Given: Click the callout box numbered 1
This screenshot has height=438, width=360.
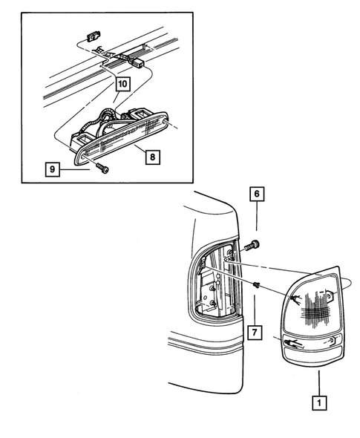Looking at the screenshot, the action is [x=319, y=403].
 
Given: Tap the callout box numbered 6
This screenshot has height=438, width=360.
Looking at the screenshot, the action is [x=257, y=194].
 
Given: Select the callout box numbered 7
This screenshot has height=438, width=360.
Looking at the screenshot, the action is [x=255, y=332].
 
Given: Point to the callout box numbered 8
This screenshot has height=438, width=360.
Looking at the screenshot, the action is [x=152, y=157].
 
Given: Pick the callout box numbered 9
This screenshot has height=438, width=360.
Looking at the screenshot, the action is [x=53, y=169].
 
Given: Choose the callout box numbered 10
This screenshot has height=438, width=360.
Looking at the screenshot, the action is [x=123, y=84].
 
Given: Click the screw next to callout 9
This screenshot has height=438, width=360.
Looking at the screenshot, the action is [x=102, y=169].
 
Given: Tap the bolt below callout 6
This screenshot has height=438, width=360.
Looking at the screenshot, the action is [x=252, y=246].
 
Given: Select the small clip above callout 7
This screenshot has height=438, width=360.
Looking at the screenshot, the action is [x=255, y=285].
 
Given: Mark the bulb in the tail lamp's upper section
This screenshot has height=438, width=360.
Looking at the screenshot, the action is [x=295, y=299].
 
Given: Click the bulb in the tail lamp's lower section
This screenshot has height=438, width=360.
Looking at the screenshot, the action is [x=292, y=343].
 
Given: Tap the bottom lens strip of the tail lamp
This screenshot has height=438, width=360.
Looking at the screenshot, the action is [x=312, y=354].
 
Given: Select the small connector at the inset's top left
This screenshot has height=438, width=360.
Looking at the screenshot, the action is [x=94, y=36].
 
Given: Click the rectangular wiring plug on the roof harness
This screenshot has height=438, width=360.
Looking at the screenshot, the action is [x=137, y=63].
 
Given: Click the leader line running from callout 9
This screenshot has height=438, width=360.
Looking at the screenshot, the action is [x=74, y=169].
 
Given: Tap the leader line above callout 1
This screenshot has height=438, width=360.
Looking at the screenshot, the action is [x=319, y=383].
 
